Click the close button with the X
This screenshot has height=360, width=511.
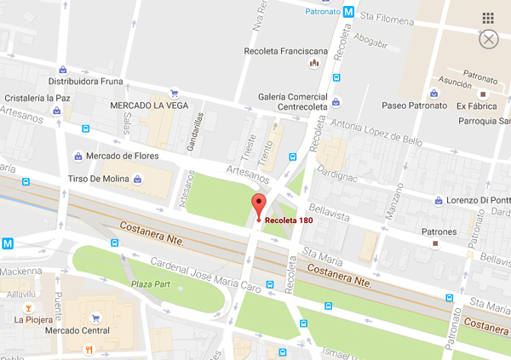tap(489, 39)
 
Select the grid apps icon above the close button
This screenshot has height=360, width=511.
tap(488, 18)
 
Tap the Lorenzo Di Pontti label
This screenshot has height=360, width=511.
tap(472, 200)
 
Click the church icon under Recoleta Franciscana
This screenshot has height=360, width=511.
tap(314, 62)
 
